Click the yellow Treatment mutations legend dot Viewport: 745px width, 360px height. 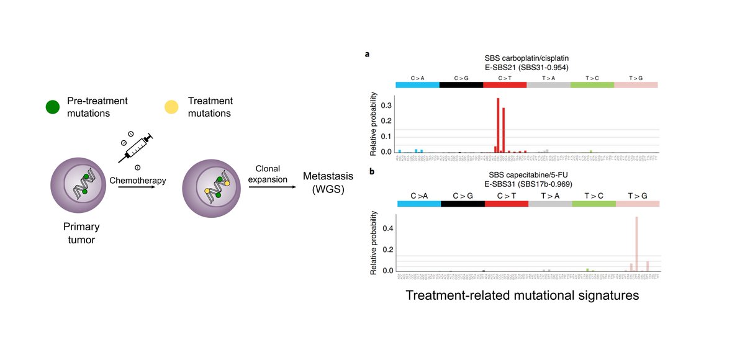pyautogui.click(x=169, y=107)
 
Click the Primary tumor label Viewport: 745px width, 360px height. pyautogui.click(x=82, y=233)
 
